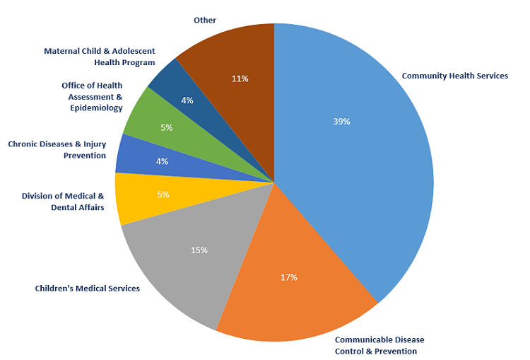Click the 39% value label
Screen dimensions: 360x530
tap(341, 121)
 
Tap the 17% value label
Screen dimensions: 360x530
tap(288, 277)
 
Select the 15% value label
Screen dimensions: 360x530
tap(199, 250)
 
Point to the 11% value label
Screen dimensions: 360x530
tap(240, 79)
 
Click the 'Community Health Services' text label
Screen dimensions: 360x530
tap(454, 76)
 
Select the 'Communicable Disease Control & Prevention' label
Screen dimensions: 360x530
tap(379, 345)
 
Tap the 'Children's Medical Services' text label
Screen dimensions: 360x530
tap(88, 288)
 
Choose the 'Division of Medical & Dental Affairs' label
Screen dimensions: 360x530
tap(63, 202)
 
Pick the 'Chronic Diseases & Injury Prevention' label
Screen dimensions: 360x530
tap(57, 150)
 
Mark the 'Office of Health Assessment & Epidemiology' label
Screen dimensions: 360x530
tap(92, 97)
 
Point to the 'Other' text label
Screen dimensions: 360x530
tap(205, 20)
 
